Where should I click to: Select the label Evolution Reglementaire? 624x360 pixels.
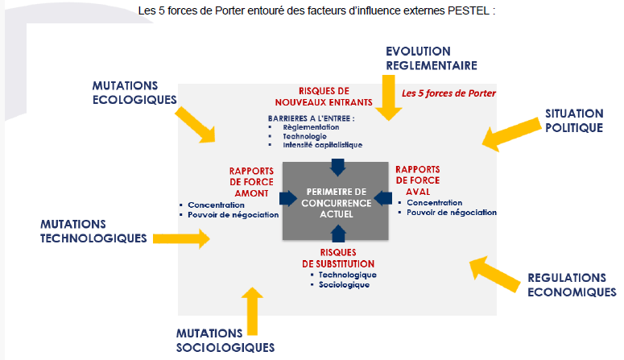(432, 57)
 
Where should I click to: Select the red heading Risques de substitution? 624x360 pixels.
(338, 258)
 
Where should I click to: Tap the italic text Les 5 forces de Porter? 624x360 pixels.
(448, 93)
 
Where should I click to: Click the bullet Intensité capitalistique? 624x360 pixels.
(322, 145)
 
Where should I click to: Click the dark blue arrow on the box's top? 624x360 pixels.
(338, 166)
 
